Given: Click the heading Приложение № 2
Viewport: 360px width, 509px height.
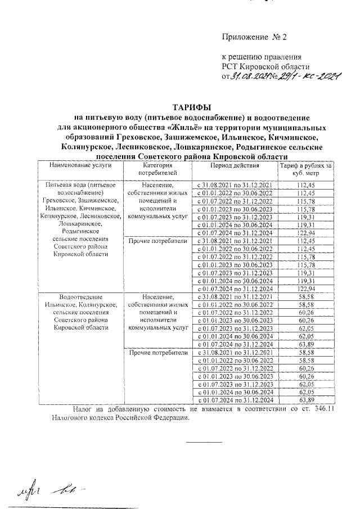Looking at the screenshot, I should [254, 38].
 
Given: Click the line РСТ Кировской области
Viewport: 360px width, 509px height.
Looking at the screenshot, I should [262, 66].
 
